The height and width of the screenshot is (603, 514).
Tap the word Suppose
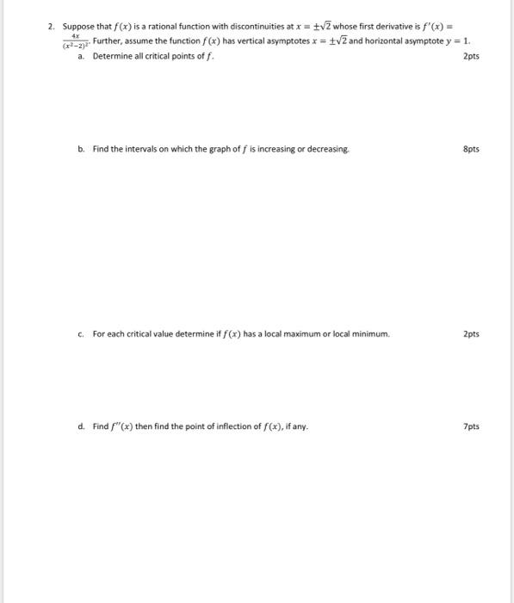77,28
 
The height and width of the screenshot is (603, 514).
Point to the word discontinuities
241,28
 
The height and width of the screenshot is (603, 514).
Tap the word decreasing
326,149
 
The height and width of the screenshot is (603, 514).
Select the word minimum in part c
371,334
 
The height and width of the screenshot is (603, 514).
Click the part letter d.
81,426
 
